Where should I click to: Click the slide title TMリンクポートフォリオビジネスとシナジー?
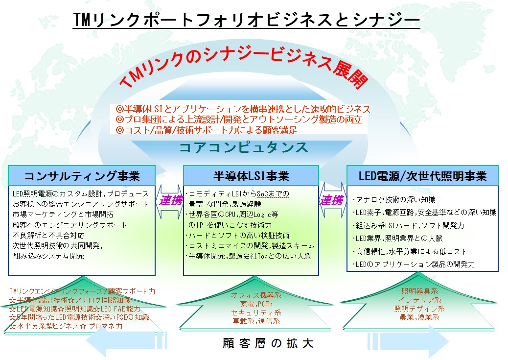coord(246,20)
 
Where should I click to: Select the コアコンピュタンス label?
coord(243,147)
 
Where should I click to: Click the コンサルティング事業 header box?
coord(82,175)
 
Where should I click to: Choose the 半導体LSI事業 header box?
coord(251,175)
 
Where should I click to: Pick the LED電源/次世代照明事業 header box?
coord(422,175)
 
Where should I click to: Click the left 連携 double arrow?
coord(169,201)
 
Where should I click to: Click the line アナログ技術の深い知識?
coord(393,200)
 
